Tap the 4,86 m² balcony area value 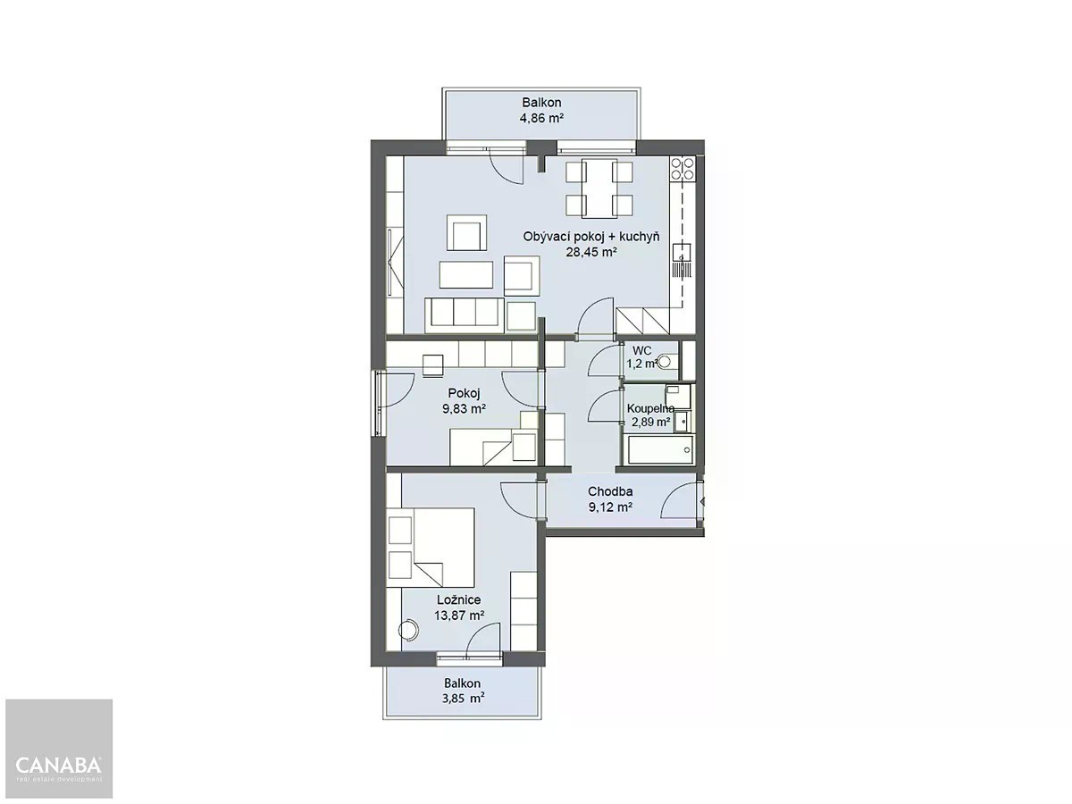pos(541,118)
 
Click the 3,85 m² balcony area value pos(463,699)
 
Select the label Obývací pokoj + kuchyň pos(591,238)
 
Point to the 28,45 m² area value pos(591,253)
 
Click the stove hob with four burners pos(683,169)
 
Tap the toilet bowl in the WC pos(666,362)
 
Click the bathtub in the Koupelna pos(660,449)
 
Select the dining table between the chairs pos(599,188)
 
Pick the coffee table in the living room pos(466,274)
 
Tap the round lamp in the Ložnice pos(409,630)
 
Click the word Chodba pos(610,491)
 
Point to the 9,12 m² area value pos(610,507)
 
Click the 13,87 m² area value pos(459,616)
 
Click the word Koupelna pos(650,408)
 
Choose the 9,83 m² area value pos(464,409)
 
